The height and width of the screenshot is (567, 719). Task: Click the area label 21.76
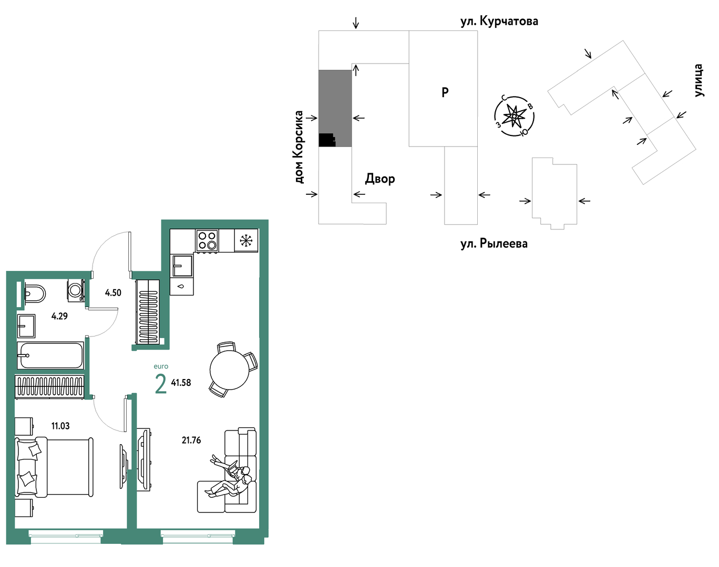coord(191,440)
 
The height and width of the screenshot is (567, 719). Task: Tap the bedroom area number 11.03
coord(60,426)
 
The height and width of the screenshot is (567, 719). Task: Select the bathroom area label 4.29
coord(59,316)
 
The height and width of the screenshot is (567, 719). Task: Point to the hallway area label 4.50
coord(113,292)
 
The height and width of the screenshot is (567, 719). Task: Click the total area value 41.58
coord(181,382)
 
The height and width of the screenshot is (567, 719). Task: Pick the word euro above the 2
coord(161,366)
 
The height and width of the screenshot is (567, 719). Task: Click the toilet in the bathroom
coord(35,293)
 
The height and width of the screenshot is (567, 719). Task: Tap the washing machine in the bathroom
coord(76,290)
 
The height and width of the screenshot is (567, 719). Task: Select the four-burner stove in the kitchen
coord(207,240)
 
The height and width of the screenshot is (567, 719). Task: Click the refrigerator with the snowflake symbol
coord(246,240)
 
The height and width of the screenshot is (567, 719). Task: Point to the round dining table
coord(230,370)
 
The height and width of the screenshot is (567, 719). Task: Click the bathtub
coord(50,355)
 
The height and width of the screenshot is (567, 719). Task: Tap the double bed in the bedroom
coord(54,467)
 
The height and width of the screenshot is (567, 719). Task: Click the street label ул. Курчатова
coord(499,22)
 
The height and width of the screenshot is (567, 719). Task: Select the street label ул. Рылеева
coord(494,244)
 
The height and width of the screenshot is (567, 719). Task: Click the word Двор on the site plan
coord(380,178)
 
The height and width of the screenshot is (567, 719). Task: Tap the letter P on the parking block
coord(445,92)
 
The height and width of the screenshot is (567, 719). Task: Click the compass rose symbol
coord(514,116)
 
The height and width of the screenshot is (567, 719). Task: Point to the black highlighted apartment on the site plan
coord(327,140)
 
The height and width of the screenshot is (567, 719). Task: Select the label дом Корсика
coord(299,147)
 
